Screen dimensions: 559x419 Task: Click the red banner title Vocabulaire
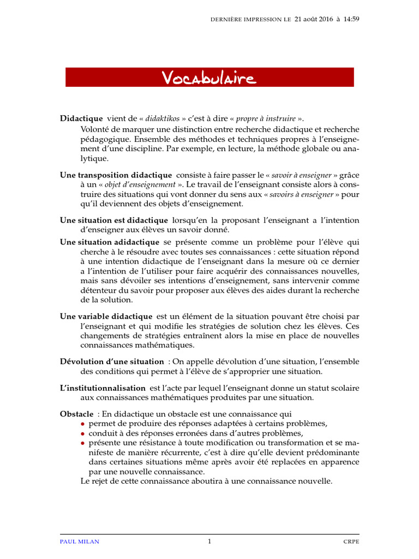[x=209, y=78]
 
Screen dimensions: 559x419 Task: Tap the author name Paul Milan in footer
[x=80, y=542]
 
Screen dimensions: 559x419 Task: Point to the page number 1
[x=209, y=542]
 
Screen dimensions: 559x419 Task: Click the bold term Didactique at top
[x=81, y=118]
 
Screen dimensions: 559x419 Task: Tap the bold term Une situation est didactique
[x=113, y=221]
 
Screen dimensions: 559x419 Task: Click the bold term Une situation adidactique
[x=110, y=242]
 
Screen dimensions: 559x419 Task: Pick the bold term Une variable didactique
[x=106, y=316]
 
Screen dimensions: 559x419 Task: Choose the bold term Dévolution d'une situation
[x=111, y=361]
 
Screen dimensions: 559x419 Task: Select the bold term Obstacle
[x=76, y=414]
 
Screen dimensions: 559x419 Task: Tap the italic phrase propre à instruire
[x=266, y=118]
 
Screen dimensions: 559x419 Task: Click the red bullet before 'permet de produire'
[x=83, y=424]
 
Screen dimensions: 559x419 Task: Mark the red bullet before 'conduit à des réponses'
[x=83, y=433]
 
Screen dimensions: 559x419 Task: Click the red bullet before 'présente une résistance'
[x=83, y=443]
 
